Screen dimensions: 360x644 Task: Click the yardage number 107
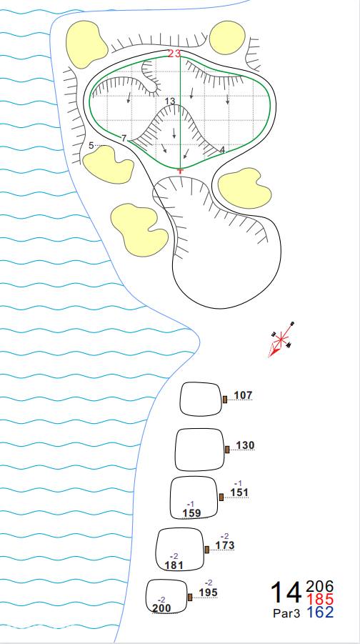[x=243, y=395]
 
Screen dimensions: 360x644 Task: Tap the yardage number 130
[x=245, y=445]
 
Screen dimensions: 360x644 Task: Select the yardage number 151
[x=239, y=492]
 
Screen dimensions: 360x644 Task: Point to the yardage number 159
[x=191, y=512]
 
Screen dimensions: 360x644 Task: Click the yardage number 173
[x=225, y=545]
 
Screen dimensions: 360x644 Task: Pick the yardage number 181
[x=174, y=565]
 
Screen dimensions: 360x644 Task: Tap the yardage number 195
[x=209, y=593]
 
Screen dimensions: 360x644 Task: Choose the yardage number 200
[x=161, y=608]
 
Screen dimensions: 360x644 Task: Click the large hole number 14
[x=286, y=593]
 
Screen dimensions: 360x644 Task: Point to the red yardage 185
[x=320, y=599]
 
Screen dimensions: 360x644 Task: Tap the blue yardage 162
[x=320, y=612]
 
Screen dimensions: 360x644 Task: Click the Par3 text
[x=286, y=613]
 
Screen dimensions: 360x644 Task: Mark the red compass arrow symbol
[x=281, y=340]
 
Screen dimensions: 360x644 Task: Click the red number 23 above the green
[x=174, y=54]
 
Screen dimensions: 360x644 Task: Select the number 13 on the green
[x=169, y=101]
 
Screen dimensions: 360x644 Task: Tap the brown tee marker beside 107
[x=225, y=400]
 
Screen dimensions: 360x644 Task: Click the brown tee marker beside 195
[x=190, y=597]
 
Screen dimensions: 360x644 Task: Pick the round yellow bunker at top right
[x=227, y=38]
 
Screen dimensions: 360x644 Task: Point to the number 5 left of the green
[x=91, y=145]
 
